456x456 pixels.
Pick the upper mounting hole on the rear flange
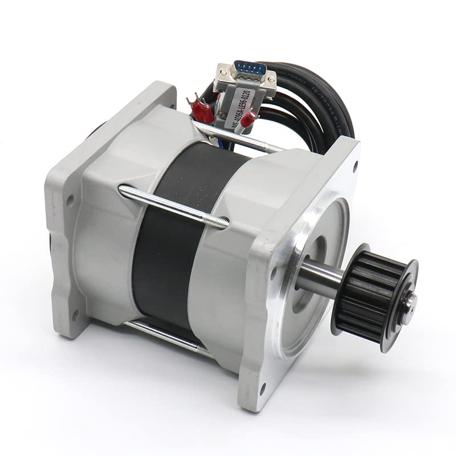click(70, 200)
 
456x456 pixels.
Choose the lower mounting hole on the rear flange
click(75, 313)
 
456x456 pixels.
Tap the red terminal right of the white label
click(249, 119)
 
